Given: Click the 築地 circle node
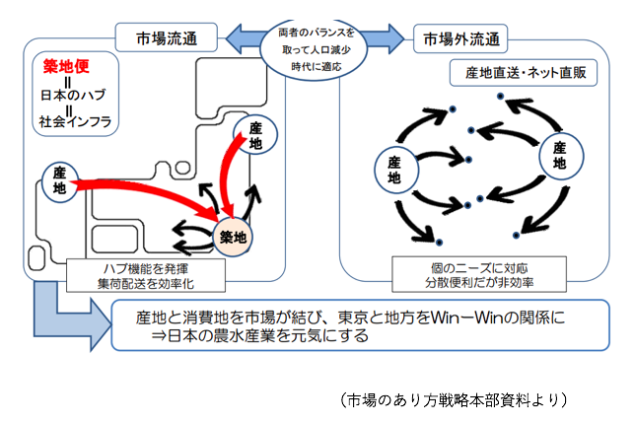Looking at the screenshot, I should [234, 237].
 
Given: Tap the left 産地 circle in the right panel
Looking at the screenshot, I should [394, 169].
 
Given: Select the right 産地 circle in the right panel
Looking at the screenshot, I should [559, 158].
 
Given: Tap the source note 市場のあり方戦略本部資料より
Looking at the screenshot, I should [456, 399].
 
